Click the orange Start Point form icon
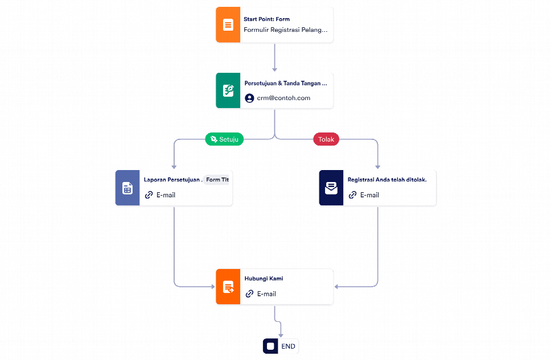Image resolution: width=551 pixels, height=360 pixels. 228,24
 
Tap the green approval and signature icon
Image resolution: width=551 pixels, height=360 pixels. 228,90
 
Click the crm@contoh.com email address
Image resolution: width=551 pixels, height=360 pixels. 283,98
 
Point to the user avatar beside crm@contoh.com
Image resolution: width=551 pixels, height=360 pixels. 249,98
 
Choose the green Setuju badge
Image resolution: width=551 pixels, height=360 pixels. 224,139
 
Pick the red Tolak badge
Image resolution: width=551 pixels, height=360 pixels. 326,139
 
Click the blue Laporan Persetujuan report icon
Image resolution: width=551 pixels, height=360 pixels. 128,188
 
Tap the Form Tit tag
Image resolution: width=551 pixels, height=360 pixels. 216,180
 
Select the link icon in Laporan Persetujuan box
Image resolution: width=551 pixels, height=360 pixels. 149,195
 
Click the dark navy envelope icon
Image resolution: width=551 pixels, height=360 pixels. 331,188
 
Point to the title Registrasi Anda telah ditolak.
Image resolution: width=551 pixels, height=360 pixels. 387,180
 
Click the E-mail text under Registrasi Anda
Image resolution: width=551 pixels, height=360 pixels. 369,195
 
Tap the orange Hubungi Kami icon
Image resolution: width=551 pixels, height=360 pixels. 228,287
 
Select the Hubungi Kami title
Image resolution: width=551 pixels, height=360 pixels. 264,279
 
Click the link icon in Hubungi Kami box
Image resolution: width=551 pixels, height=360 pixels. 249,293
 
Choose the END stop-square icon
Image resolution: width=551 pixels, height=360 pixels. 270,346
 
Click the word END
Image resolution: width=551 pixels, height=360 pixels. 288,346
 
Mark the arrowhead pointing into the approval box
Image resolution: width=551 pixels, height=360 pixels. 274,69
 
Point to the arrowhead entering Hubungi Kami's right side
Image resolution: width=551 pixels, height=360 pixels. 336,287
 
